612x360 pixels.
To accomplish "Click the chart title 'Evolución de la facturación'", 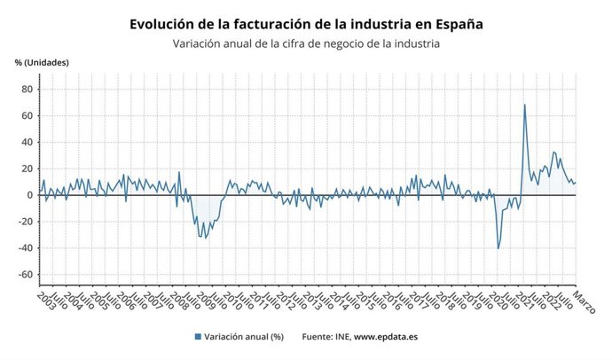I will [306, 22].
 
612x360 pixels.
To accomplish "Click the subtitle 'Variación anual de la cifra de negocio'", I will [305, 43].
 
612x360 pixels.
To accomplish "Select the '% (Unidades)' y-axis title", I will [42, 62].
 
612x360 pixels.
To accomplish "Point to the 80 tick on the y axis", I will [27, 89].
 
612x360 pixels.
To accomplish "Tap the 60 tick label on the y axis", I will [27, 115].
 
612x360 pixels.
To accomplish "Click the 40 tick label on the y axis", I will [27, 142].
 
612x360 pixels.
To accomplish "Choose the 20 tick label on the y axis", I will [27, 168].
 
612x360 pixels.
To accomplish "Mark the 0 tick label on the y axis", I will [29, 195].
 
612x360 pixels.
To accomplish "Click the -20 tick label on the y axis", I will [25, 222].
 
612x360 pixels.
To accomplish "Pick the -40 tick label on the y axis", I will [25, 248].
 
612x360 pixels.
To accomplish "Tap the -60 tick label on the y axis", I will [25, 275].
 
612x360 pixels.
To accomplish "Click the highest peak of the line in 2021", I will [524, 105].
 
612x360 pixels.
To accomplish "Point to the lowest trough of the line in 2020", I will [498, 248].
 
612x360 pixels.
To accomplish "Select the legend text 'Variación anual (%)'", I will [244, 337].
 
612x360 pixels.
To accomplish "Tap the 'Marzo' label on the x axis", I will [584, 301].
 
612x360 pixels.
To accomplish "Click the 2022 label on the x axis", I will [550, 299].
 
